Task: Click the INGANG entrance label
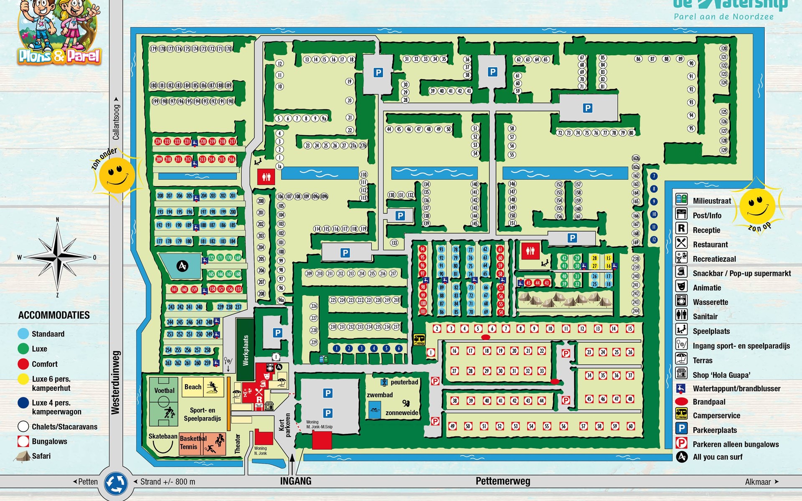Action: (x=295, y=481)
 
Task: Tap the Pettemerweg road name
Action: (x=503, y=481)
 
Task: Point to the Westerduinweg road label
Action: (x=116, y=382)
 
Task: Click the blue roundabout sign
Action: (x=116, y=483)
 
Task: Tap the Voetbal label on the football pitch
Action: (x=164, y=390)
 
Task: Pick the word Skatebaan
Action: (x=162, y=436)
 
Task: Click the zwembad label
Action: (x=380, y=395)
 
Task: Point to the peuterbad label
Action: (x=404, y=382)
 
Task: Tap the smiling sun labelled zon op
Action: (x=757, y=205)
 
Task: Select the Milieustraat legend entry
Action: (x=712, y=201)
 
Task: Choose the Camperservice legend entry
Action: (x=716, y=415)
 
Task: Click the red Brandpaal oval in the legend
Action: (x=681, y=402)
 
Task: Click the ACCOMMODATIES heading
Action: (x=54, y=315)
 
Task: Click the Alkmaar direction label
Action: (x=758, y=482)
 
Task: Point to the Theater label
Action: (x=238, y=444)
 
